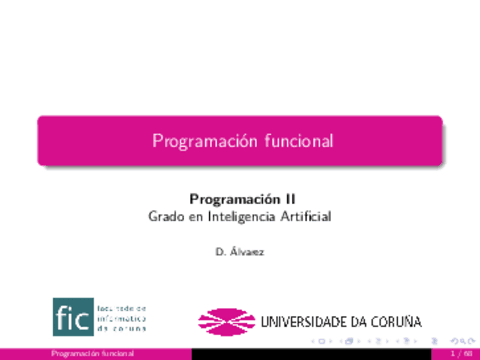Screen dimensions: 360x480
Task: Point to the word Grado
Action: [x=166, y=215]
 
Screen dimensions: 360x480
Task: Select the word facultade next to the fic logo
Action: [x=122, y=308]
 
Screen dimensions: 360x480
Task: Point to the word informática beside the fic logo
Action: [x=122, y=318]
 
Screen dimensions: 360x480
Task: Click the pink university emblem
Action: [x=226, y=321]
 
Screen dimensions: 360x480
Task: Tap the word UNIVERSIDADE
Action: [x=306, y=322]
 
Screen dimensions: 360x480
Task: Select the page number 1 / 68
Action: [x=462, y=354]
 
